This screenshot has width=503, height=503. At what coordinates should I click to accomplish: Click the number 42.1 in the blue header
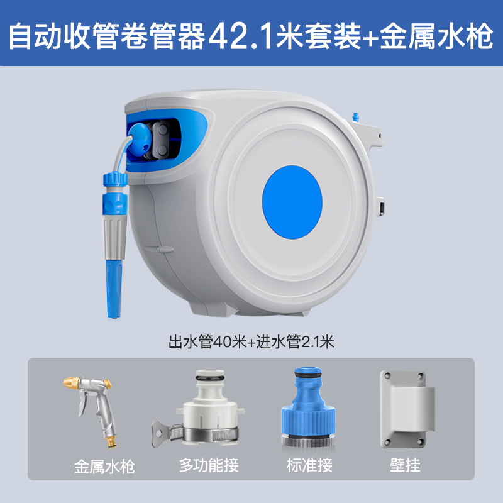click(241, 36)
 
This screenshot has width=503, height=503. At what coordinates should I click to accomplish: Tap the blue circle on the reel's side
click(292, 202)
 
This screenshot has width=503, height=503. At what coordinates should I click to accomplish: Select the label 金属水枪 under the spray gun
click(104, 467)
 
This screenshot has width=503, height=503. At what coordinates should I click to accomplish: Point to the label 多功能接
click(209, 465)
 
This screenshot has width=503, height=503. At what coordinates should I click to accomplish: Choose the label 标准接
click(309, 465)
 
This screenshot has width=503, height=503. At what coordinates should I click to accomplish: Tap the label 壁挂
click(405, 465)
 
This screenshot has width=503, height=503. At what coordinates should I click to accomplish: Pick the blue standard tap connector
click(308, 407)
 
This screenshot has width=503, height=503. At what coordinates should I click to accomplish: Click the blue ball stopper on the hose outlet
click(140, 140)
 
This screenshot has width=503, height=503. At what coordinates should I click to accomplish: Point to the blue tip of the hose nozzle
click(114, 289)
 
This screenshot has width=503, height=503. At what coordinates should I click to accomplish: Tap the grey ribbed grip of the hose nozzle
click(114, 238)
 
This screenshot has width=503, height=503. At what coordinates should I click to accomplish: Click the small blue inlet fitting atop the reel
click(355, 117)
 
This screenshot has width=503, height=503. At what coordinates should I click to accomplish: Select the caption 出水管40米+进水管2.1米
click(251, 341)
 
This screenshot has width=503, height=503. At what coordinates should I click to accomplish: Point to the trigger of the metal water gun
click(83, 404)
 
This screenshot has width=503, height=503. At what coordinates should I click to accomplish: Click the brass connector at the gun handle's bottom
click(112, 441)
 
